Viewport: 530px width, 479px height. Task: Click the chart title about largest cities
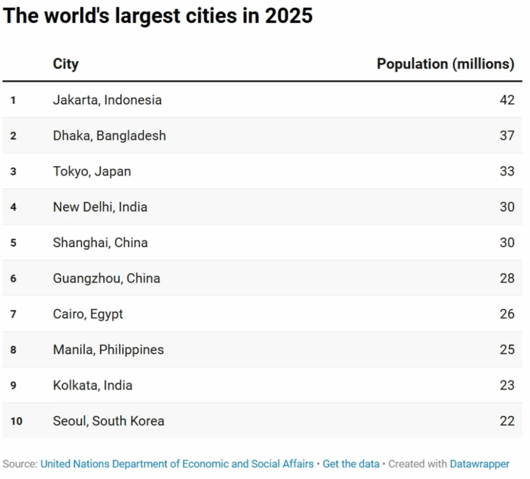158,16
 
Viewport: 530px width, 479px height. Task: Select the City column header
66,64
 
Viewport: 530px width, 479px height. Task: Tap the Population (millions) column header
445,64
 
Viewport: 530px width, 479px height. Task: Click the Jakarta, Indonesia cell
107,100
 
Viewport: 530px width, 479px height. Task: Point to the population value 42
507,100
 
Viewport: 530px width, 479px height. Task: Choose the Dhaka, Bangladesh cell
109,136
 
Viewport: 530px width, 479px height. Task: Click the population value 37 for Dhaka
507,136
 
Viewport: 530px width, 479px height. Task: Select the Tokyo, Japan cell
92,171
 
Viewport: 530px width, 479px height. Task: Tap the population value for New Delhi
507,207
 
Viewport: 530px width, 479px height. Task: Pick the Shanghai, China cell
100,243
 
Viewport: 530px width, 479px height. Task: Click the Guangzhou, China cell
106,278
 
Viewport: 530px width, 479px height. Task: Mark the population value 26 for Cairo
507,314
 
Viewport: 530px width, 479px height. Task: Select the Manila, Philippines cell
108,350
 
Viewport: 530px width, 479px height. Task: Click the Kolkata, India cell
92,385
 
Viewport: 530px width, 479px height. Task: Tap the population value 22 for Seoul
507,421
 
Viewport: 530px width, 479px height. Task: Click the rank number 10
16,421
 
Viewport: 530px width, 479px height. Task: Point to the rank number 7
13,314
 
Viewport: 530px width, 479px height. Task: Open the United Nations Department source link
177,464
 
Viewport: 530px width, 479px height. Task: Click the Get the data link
351,464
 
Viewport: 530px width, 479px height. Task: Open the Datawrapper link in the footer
479,464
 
